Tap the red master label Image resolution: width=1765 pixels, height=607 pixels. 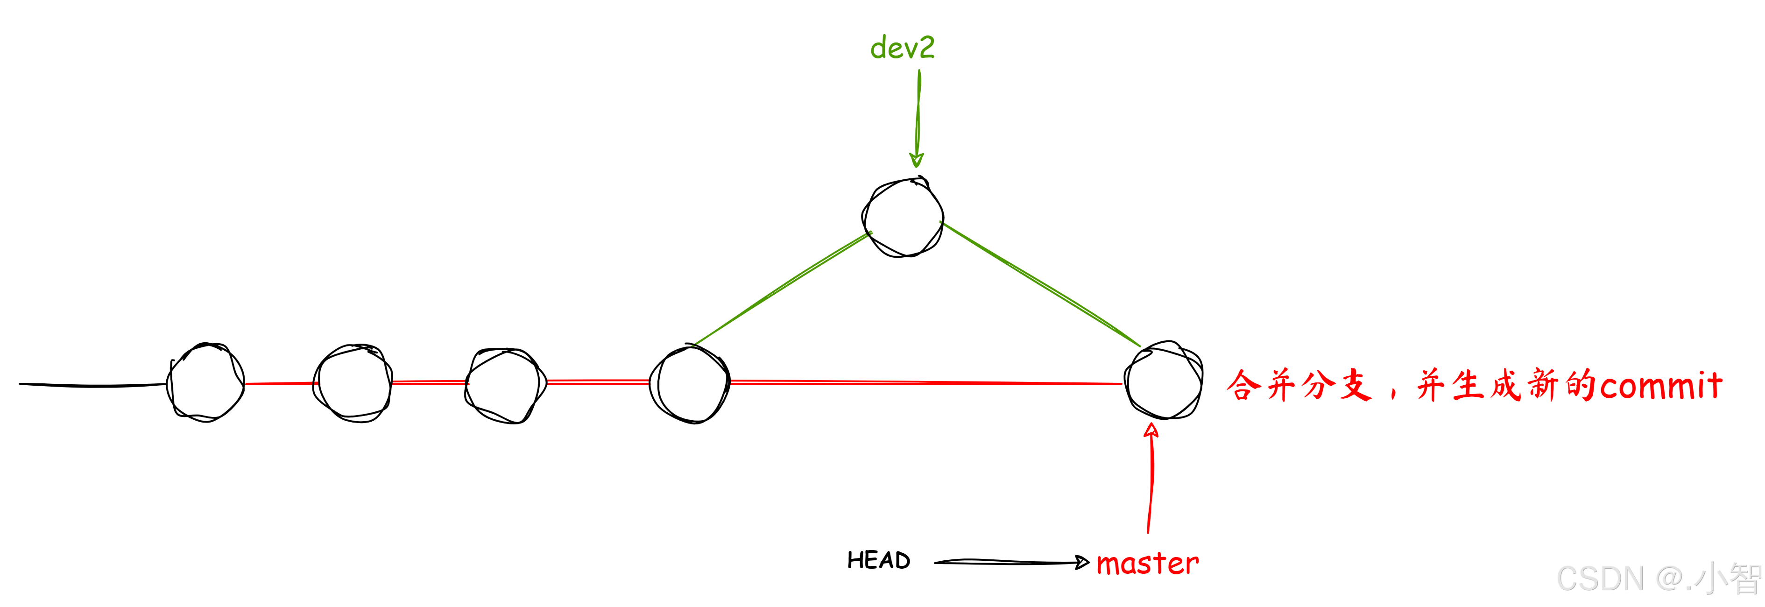(x=1148, y=563)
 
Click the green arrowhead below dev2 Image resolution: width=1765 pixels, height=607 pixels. (x=916, y=160)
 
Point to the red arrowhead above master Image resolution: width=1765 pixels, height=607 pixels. (x=1151, y=430)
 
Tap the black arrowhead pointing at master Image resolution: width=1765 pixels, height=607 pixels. (x=1082, y=563)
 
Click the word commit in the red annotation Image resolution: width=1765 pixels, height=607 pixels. (x=1661, y=386)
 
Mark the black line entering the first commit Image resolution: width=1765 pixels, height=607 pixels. (x=92, y=385)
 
